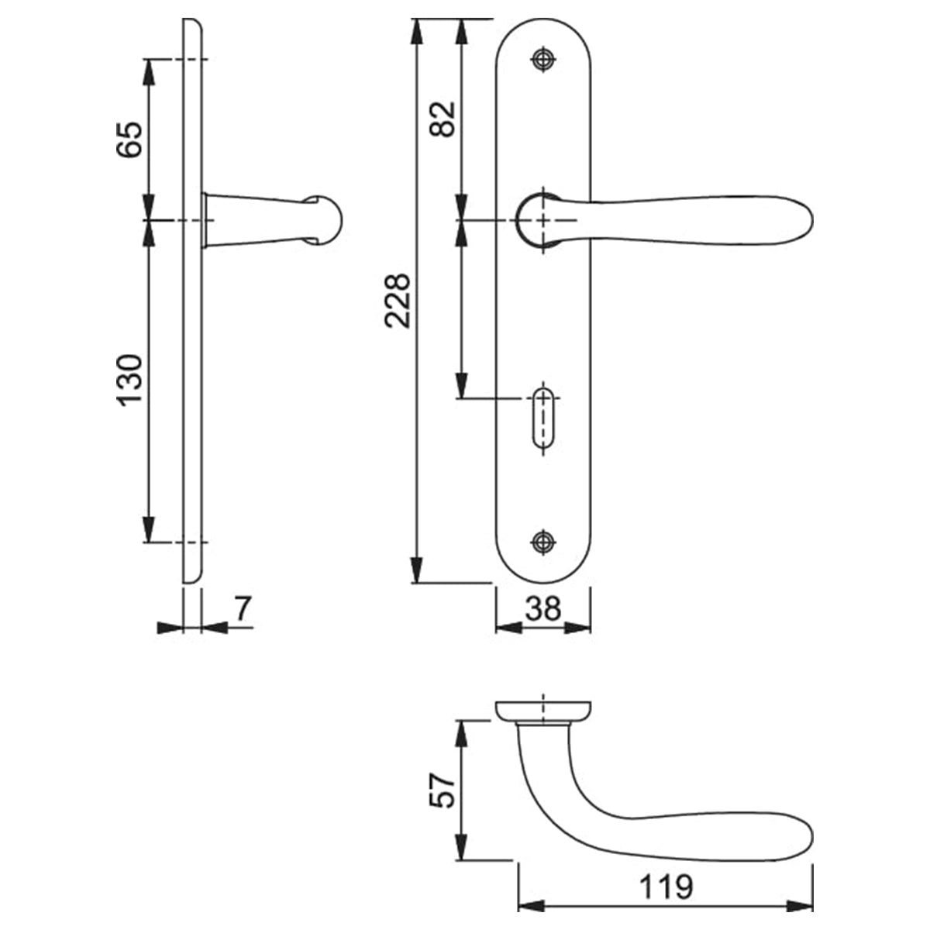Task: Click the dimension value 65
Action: pyautogui.click(x=131, y=139)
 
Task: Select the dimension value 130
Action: pyautogui.click(x=131, y=380)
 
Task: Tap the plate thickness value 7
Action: pyautogui.click(x=243, y=609)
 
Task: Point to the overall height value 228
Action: pyautogui.click(x=399, y=301)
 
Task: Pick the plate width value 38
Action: pyautogui.click(x=542, y=609)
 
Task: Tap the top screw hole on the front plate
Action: pyautogui.click(x=543, y=60)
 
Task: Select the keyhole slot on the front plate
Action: pyautogui.click(x=543, y=419)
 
